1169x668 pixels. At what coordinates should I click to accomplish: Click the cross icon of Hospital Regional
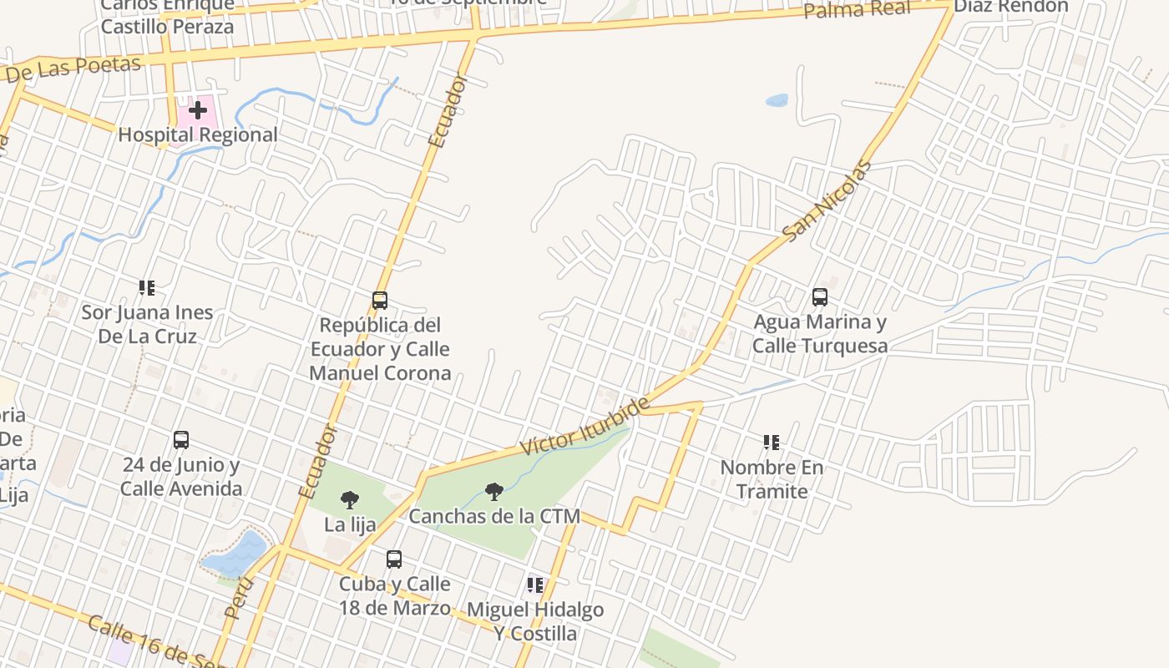(x=197, y=110)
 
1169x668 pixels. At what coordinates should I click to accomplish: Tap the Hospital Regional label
(x=198, y=134)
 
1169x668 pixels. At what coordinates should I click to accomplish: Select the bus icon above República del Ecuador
(x=380, y=300)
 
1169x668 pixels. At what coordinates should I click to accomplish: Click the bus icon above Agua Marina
(x=820, y=296)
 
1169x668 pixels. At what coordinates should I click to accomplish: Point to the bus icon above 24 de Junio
(x=181, y=439)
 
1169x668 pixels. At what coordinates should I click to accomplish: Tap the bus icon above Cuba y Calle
(x=394, y=559)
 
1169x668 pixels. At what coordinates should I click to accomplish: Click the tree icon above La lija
(x=350, y=500)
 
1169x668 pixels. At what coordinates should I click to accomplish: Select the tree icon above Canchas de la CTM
(x=494, y=491)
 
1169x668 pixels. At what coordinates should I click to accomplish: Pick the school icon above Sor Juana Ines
(x=147, y=288)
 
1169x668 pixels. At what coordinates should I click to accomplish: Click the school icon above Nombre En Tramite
(x=772, y=442)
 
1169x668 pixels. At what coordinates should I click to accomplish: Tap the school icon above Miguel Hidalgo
(x=535, y=584)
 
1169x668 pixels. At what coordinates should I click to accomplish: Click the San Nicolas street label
(x=827, y=200)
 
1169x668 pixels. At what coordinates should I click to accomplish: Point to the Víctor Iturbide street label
(x=584, y=427)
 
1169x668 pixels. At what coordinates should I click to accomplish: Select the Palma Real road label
(x=857, y=9)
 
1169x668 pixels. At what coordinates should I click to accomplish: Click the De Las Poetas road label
(x=73, y=69)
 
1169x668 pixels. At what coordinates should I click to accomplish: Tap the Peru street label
(x=239, y=596)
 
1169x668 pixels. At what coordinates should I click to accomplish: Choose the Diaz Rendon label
(x=1010, y=7)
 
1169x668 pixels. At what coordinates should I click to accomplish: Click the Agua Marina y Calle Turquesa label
(x=820, y=333)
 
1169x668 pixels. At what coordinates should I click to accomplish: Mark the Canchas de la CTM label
(x=494, y=516)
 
